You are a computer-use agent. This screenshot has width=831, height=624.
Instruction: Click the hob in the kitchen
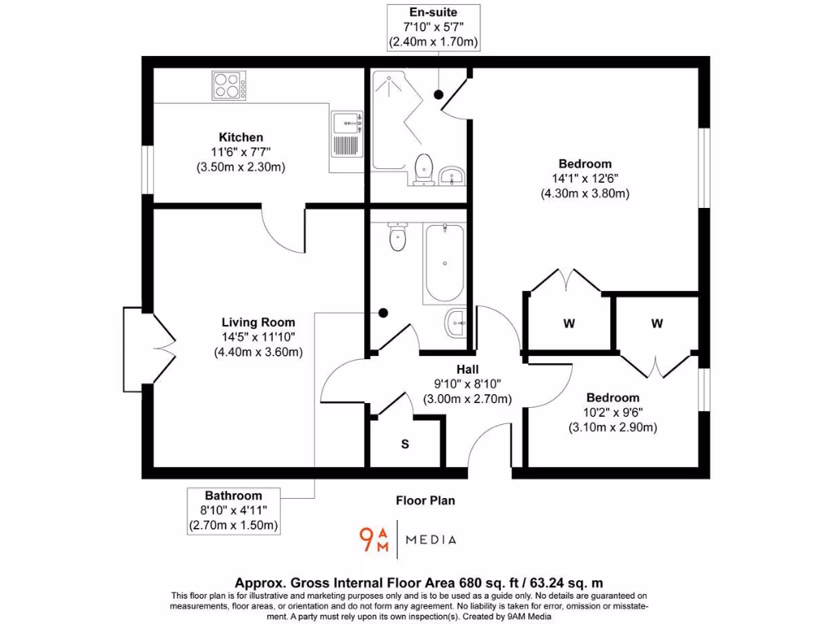[x=230, y=85]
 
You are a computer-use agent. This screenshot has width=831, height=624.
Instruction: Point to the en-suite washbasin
[x=452, y=175]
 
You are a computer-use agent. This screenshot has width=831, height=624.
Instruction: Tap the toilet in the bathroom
[x=397, y=237]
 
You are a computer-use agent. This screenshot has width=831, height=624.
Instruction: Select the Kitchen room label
[x=240, y=137]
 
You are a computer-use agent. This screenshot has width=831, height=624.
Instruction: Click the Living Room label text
[x=259, y=323]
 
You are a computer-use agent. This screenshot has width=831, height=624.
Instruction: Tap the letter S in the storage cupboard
[x=405, y=444]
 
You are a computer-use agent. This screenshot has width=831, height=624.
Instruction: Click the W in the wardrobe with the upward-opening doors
[x=569, y=323]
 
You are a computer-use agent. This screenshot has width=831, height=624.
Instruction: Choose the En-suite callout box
[x=433, y=27]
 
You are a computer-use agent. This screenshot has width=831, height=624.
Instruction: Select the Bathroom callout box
[x=234, y=510]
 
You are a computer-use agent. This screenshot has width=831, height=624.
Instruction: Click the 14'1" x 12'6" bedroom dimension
[x=584, y=179]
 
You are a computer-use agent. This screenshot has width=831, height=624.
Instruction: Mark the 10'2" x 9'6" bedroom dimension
[x=613, y=413]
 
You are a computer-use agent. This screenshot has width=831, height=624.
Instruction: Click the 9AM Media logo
[x=407, y=539]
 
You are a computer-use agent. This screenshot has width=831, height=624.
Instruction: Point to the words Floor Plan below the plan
[x=425, y=500]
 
